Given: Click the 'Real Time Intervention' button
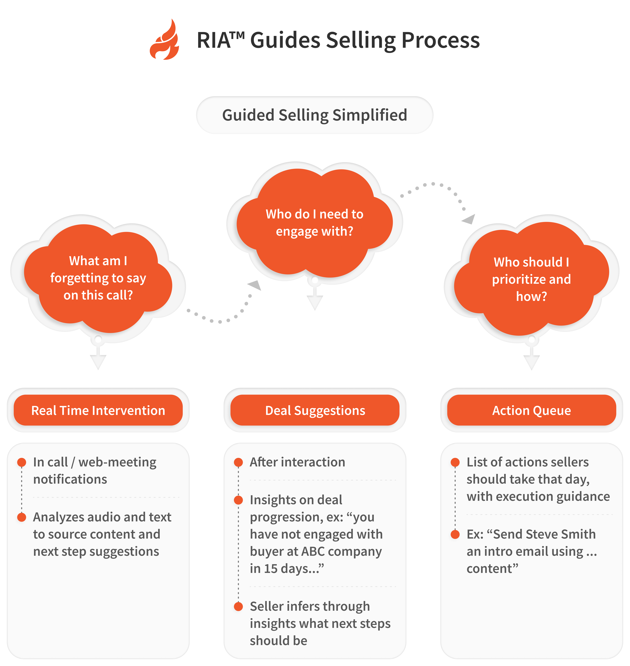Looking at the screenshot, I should coord(98,410).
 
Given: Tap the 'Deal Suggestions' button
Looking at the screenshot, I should coord(315,410).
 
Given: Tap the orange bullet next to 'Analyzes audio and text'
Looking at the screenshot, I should coord(22,517).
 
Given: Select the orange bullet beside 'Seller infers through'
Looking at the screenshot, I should coord(238,607).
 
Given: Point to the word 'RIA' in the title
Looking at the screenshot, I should coord(214,40).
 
